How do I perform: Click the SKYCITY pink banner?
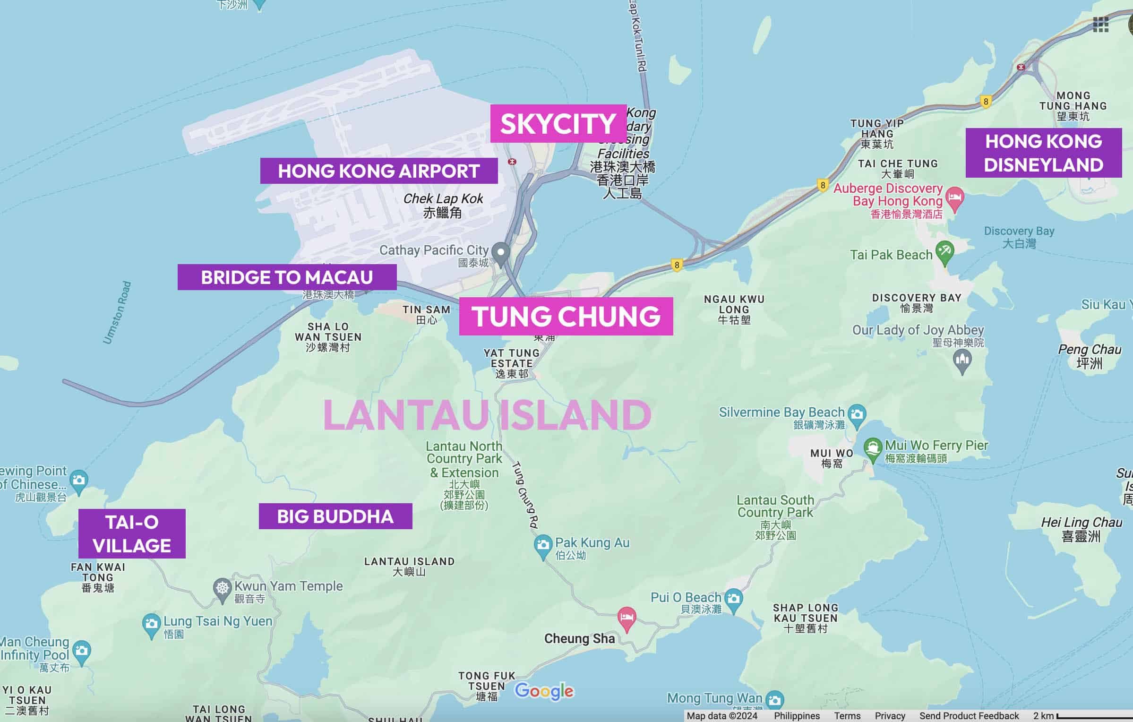pyautogui.click(x=558, y=123)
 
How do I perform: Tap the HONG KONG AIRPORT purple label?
pyautogui.click(x=378, y=171)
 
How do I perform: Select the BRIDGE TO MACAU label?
pyautogui.click(x=287, y=277)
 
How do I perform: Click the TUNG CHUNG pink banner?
pyautogui.click(x=566, y=316)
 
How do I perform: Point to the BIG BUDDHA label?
pyautogui.click(x=335, y=516)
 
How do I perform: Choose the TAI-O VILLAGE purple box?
pyautogui.click(x=132, y=533)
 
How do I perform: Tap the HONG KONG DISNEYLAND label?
pyautogui.click(x=1043, y=153)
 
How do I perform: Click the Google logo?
pyautogui.click(x=544, y=691)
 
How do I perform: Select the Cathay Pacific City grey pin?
pyautogui.click(x=500, y=252)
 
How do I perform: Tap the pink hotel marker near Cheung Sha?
pyautogui.click(x=627, y=618)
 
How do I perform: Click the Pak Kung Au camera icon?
pyautogui.click(x=543, y=545)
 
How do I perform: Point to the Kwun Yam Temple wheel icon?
pyautogui.click(x=222, y=589)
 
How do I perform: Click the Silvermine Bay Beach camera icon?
pyautogui.click(x=857, y=414)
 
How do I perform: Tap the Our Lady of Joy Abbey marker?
pyautogui.click(x=962, y=361)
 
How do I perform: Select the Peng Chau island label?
pyautogui.click(x=1089, y=356)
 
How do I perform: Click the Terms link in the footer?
pyautogui.click(x=847, y=716)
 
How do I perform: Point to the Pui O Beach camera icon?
pyautogui.click(x=733, y=599)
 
